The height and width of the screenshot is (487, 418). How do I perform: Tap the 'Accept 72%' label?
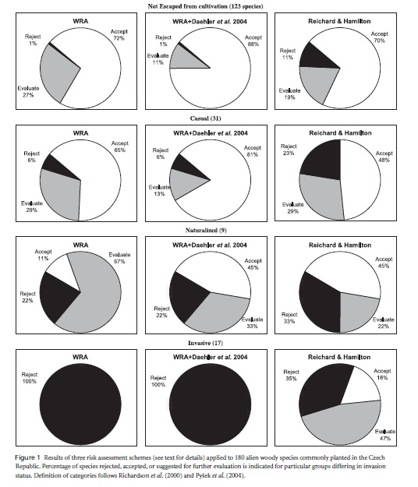(x=119, y=35)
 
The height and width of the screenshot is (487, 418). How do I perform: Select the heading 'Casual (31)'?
(x=205, y=118)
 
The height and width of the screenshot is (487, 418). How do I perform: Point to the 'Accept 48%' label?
(x=384, y=157)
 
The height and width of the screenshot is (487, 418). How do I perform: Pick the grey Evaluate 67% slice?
(x=94, y=298)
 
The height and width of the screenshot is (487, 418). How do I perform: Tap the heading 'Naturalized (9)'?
(x=206, y=230)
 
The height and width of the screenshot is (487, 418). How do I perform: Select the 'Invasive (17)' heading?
(x=205, y=343)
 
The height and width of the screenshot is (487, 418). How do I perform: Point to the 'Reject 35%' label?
(x=291, y=375)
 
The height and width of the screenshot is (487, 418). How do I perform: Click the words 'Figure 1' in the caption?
(x=27, y=457)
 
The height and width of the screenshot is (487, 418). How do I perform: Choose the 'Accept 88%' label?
(x=253, y=41)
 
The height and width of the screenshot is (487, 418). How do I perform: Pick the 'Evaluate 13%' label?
(x=159, y=190)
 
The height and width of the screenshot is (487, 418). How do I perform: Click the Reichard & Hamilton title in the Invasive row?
(x=339, y=357)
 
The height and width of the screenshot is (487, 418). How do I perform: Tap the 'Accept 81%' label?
(x=253, y=151)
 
